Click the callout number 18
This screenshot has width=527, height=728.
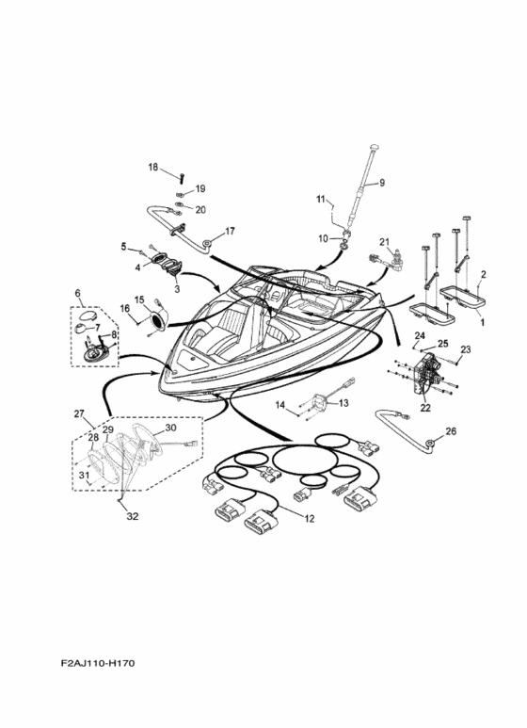pyautogui.click(x=153, y=167)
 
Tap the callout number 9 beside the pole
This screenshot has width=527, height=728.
pyautogui.click(x=382, y=183)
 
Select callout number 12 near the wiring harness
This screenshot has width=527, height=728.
pyautogui.click(x=310, y=519)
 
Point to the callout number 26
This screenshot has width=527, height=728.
pyautogui.click(x=451, y=431)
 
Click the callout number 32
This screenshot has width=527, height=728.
pyautogui.click(x=133, y=516)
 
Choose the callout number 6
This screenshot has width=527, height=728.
pyautogui.click(x=77, y=293)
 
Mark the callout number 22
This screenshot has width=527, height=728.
pyautogui.click(x=425, y=408)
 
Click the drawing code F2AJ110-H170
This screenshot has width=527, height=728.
pyautogui.click(x=98, y=663)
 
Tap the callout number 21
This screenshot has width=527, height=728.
pyautogui.click(x=385, y=242)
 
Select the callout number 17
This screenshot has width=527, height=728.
pyautogui.click(x=231, y=231)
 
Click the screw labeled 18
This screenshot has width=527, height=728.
pyautogui.click(x=182, y=177)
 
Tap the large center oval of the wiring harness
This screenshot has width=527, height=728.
pyautogui.click(x=305, y=460)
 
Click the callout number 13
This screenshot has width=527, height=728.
pyautogui.click(x=343, y=403)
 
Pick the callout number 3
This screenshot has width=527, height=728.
pyautogui.click(x=177, y=289)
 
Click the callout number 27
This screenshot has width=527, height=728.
pyautogui.click(x=79, y=413)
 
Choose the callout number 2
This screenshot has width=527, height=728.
pyautogui.click(x=484, y=274)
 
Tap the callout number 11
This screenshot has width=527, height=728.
pyautogui.click(x=321, y=200)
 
